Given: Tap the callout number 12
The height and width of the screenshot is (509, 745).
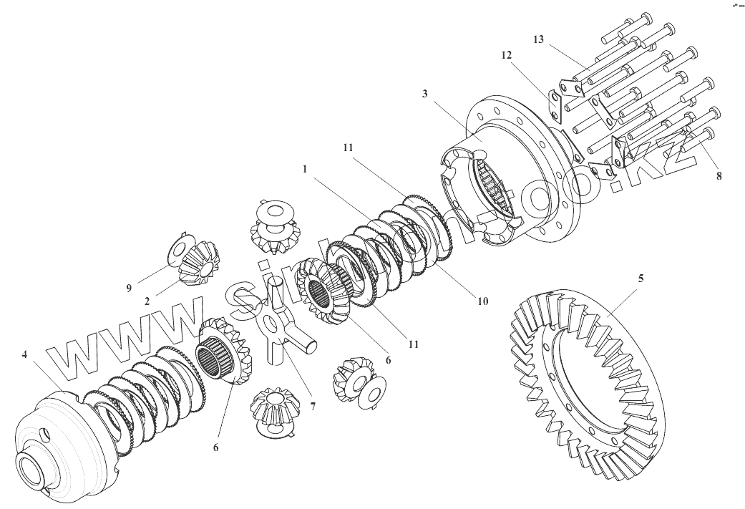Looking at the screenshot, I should tap(507, 55).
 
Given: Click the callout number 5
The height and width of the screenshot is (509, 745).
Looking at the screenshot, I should tap(641, 277).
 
